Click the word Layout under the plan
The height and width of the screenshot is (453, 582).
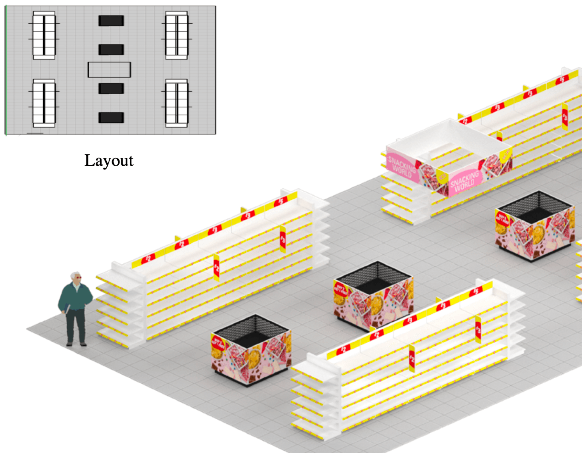[x=109, y=160]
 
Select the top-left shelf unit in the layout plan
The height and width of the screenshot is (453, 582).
[x=44, y=35]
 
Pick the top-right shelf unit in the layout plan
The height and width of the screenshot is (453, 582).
[x=177, y=35]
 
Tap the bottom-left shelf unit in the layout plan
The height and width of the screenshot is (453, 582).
[x=44, y=103]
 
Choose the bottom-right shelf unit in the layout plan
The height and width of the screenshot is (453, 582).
[x=177, y=103]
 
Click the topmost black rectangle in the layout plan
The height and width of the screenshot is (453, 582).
[x=111, y=21]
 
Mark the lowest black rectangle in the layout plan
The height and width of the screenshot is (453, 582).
[x=111, y=118]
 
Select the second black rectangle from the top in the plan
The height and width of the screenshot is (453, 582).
[x=111, y=50]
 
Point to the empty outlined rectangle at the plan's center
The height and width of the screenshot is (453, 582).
[x=109, y=70]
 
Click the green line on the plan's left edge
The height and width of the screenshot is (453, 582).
[x=5, y=70]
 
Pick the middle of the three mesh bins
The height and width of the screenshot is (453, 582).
[x=373, y=296]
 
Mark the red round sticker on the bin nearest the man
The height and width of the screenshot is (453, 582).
[x=218, y=343]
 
